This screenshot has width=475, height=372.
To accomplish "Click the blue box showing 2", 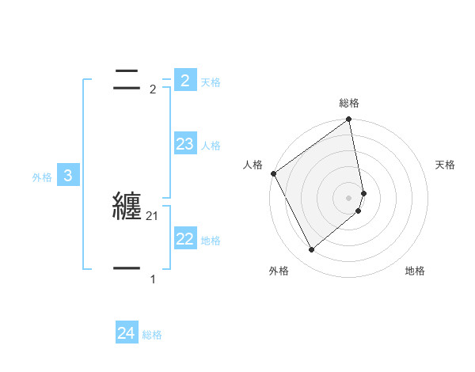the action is coord(184,80).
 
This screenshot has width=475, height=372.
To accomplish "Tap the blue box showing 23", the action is coord(184,143).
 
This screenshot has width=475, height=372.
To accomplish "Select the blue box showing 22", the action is coord(184,238).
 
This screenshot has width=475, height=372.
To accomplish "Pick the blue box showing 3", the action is coord(67,176).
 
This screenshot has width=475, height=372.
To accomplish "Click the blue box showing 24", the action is coord(127,333).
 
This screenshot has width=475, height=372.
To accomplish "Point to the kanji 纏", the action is coord(127,207).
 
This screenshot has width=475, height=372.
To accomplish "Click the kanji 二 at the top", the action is coord(127,79).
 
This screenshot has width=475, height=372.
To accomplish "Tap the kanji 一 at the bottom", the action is coord(127,269).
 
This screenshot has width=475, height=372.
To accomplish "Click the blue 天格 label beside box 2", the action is coord(211,82).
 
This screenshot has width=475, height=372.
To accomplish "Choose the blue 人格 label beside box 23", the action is coord(211,146).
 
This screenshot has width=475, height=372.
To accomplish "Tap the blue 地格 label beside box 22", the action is coord(211,241).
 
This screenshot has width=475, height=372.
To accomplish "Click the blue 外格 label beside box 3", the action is coord(42,178).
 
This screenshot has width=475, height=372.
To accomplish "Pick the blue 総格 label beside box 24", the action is coord(152,336).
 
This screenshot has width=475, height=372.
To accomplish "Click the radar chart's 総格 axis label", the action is coord(349,104).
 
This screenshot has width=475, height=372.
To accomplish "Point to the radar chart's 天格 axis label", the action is coord(446,165).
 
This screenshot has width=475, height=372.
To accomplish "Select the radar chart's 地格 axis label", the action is coord(415,271).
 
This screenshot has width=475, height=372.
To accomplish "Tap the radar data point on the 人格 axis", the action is coord(273,173).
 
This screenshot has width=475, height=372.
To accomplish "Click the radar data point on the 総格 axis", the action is coord(349,120).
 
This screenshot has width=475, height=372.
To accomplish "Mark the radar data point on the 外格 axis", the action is coord(311,250).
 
